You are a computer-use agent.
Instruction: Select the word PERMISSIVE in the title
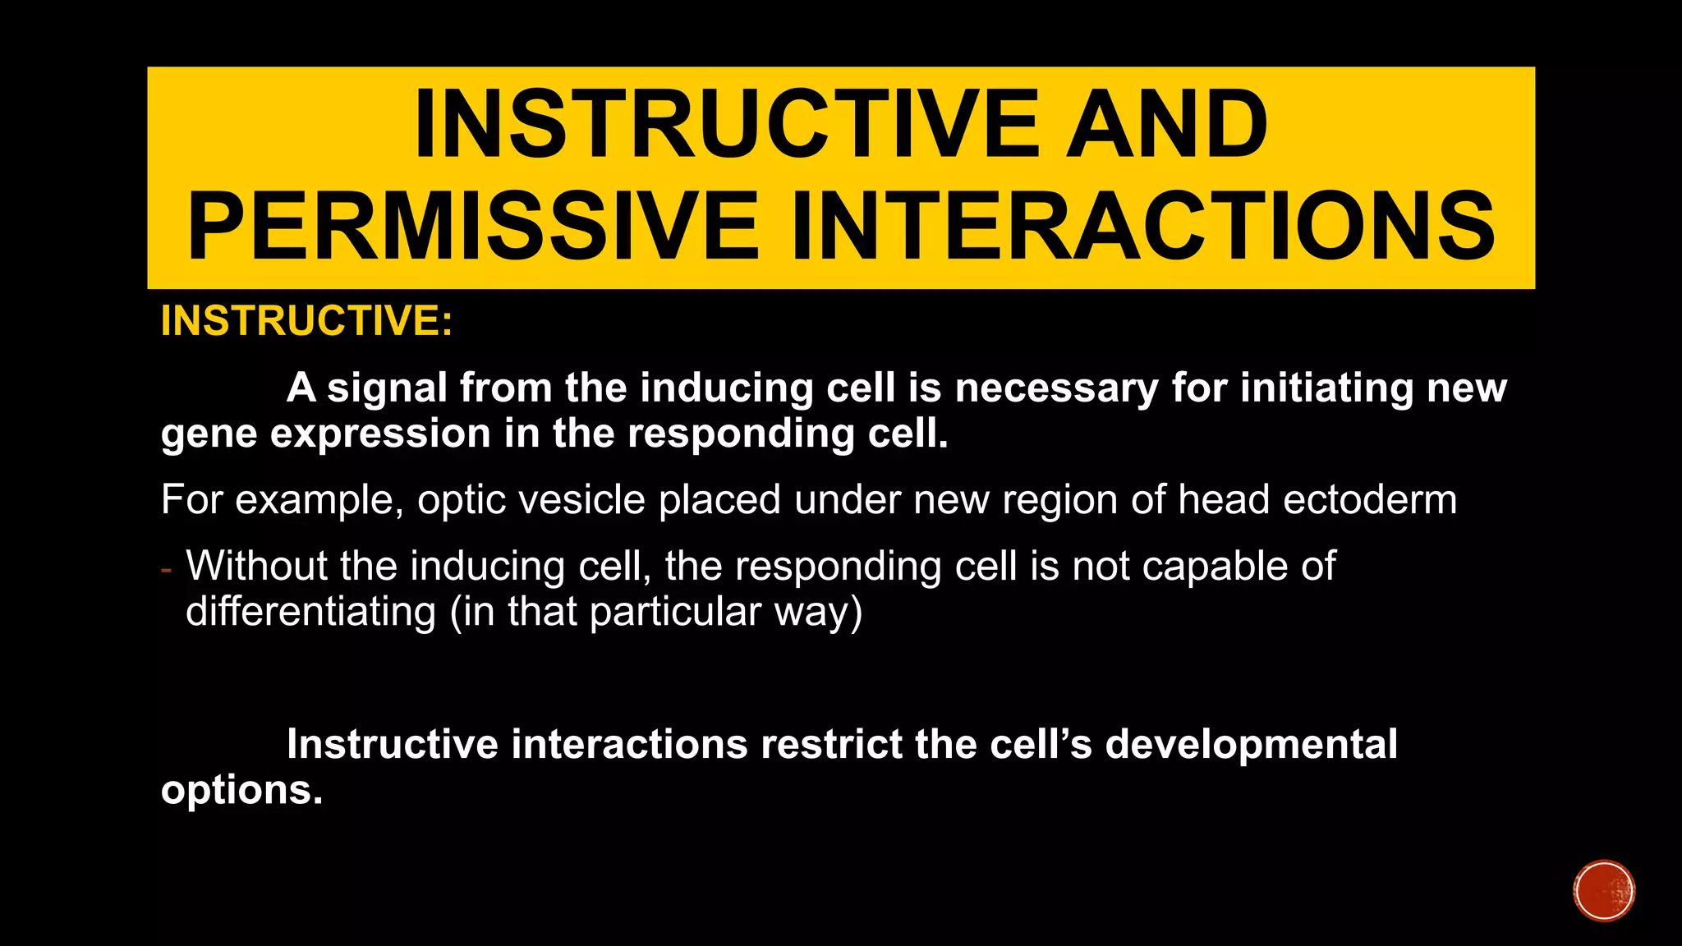pyautogui.click(x=472, y=225)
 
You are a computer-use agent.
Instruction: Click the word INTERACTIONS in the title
pyautogui.click(x=1142, y=225)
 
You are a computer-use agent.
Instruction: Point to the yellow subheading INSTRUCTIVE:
pyautogui.click(x=306, y=320)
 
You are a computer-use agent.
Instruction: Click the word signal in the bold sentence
pyautogui.click(x=387, y=388)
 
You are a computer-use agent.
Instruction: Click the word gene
pyautogui.click(x=209, y=435)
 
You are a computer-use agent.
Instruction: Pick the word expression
pyautogui.click(x=380, y=434)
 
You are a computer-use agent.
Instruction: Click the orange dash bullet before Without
pyautogui.click(x=167, y=568)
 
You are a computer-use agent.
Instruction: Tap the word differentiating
pyautogui.click(x=310, y=612)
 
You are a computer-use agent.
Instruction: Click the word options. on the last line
pyautogui.click(x=241, y=790)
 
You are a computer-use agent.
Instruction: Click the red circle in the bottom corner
pyautogui.click(x=1603, y=891)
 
